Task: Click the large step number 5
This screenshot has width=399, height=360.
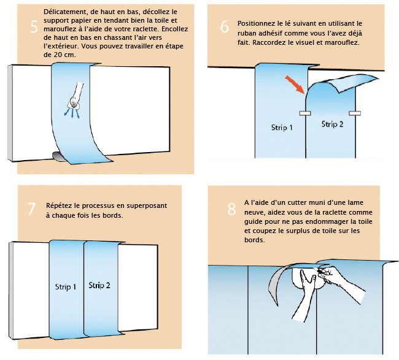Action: point(34,27)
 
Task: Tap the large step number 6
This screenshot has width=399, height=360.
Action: point(225,27)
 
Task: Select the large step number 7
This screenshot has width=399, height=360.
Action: point(31,209)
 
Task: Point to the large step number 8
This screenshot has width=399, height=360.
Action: point(231,209)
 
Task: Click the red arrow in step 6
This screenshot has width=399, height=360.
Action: point(295,85)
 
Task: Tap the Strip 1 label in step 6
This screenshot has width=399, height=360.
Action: point(282,127)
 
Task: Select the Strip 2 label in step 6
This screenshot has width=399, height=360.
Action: point(332,124)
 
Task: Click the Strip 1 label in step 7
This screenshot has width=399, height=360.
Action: point(66,287)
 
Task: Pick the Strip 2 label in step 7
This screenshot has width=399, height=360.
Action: point(99,285)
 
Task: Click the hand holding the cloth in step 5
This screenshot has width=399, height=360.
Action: point(76,97)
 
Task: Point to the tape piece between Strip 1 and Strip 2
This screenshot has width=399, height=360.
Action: point(305,113)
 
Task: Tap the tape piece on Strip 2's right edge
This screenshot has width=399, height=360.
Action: point(355,113)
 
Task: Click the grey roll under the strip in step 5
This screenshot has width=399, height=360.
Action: point(58,156)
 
